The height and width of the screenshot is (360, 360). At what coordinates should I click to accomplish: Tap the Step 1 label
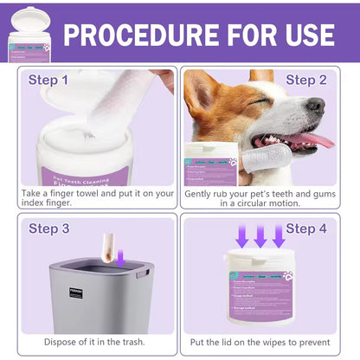pos(48,80)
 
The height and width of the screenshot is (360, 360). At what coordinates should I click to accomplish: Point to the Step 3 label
pos(48,228)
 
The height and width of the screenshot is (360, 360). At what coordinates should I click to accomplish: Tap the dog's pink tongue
pos(321,140)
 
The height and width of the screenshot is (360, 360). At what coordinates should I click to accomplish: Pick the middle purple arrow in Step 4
pos(260,235)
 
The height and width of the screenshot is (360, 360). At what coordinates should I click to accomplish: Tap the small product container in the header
pos(29,34)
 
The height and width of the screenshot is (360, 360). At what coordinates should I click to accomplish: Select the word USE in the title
pos(302,34)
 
